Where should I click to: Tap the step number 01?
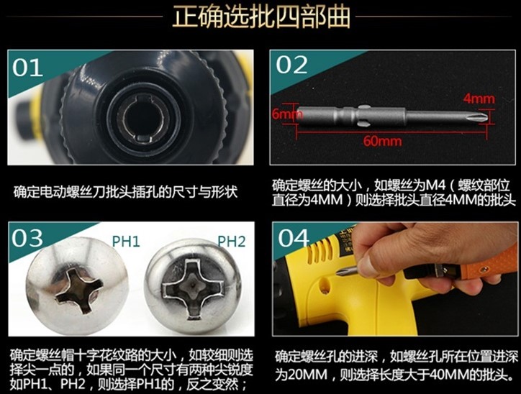coord(30,68)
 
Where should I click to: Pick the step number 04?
coord(294,238)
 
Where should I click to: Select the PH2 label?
coord(232,241)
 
